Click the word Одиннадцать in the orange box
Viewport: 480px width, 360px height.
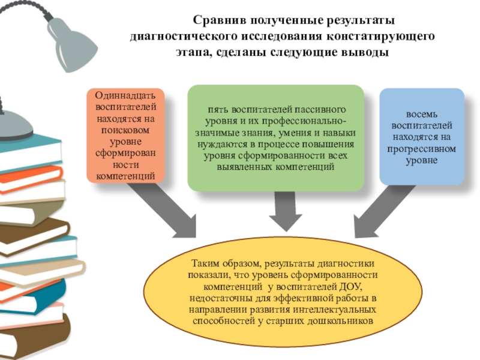point(125,97)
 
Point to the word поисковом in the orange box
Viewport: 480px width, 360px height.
point(125,130)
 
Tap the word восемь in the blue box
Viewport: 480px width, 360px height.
point(422,115)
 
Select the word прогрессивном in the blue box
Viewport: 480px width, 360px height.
point(422,148)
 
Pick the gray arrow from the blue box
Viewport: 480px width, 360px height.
point(384,210)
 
